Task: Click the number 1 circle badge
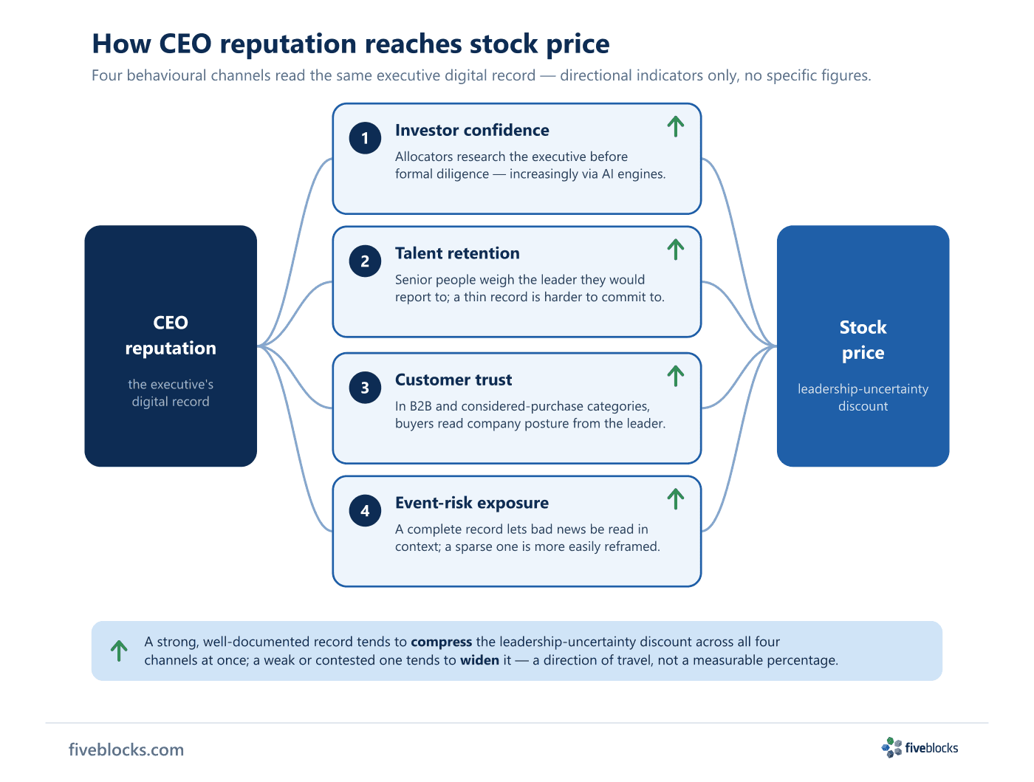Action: [365, 138]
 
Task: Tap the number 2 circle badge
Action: [365, 261]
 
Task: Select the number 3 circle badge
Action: [365, 388]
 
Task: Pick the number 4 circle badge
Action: [365, 510]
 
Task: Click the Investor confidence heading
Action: [471, 130]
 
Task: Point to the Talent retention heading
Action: [457, 253]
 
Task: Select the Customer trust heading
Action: [453, 380]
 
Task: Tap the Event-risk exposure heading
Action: [471, 503]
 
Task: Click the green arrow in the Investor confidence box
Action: [675, 126]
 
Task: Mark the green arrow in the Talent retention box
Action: [675, 249]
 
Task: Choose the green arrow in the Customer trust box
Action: [675, 376]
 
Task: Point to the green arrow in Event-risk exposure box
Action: [675, 498]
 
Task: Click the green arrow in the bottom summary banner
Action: [119, 650]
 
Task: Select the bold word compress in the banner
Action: [441, 642]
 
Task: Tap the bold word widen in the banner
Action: [479, 660]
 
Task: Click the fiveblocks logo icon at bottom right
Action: [891, 747]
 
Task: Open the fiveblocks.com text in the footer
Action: [126, 750]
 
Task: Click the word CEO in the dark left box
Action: [171, 323]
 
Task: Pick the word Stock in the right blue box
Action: [863, 327]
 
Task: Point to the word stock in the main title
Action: [503, 44]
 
